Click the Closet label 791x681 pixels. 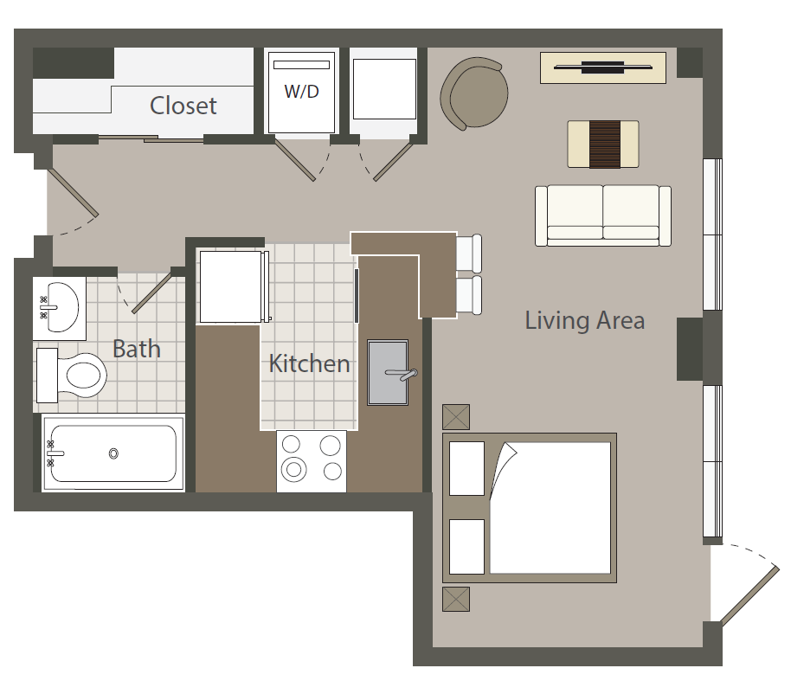tap(183, 106)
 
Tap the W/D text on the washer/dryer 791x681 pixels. tap(302, 92)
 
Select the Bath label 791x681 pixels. tap(136, 349)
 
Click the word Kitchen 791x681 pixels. tap(309, 363)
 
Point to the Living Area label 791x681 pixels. tap(585, 320)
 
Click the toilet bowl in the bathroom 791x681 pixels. tap(86, 376)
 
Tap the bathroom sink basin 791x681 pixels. tap(61, 306)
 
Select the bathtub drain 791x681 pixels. tap(113, 454)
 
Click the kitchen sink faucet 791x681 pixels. tap(402, 374)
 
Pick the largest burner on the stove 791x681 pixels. tap(293, 470)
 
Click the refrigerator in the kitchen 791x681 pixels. tap(234, 286)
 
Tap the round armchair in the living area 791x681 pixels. tap(473, 93)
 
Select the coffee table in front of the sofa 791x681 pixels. tap(603, 144)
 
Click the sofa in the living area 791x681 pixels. tap(603, 215)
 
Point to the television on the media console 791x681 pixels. tap(603, 67)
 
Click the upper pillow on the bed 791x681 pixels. tap(466, 469)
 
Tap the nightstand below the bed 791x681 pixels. tap(456, 599)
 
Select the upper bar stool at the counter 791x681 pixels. tap(469, 253)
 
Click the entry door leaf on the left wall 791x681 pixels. tap(73, 192)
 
